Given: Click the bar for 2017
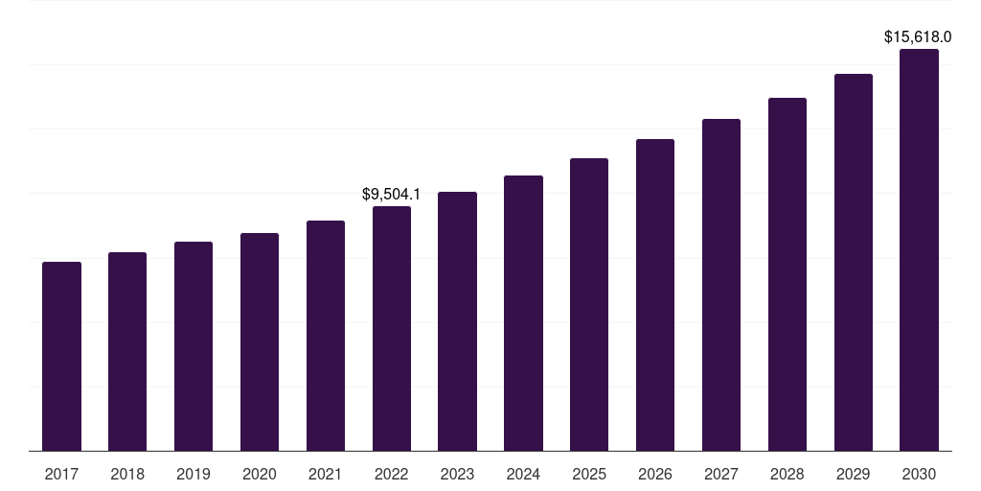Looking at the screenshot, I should [x=61, y=356].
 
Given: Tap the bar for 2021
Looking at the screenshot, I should [x=326, y=335].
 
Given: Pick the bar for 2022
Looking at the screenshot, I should [x=392, y=328].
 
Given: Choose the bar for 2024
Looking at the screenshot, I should [x=523, y=313].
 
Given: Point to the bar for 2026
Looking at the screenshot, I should [x=655, y=294].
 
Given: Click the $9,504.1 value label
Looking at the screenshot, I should [x=391, y=194].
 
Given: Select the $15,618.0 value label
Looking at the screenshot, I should [x=917, y=37].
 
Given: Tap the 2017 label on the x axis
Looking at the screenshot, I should [x=61, y=474].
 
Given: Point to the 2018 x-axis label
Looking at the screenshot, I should [x=127, y=474].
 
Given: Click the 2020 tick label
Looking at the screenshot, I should [x=260, y=474].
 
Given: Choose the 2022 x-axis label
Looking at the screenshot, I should [x=392, y=474].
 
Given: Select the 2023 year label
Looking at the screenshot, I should [x=457, y=474].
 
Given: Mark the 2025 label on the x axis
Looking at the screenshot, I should [x=589, y=474].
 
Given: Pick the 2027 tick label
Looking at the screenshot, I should [x=721, y=474].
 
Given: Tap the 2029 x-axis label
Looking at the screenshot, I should [x=854, y=474].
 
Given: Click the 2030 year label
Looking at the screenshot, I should [x=919, y=474].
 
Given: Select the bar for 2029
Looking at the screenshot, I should [x=854, y=262].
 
